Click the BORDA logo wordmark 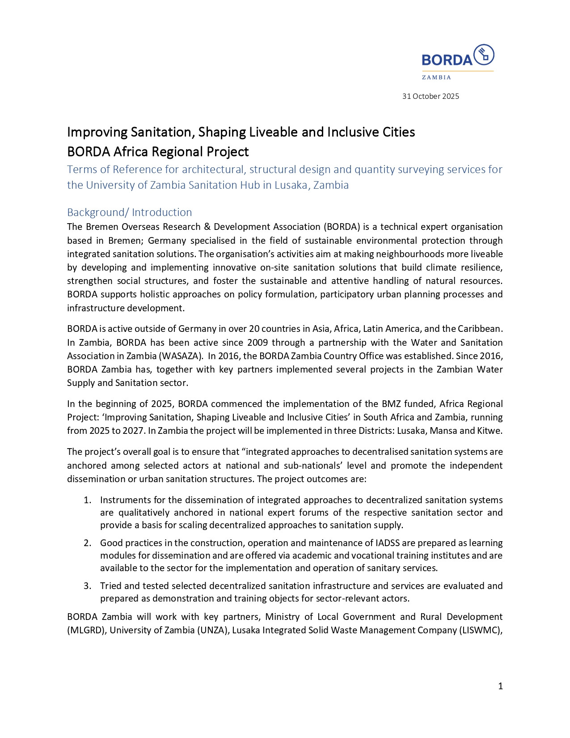point(447,60)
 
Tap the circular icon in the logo point(484,55)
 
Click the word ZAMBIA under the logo point(436,77)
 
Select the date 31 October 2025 point(431,96)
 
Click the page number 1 point(500,686)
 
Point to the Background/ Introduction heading point(129,212)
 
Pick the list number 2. point(87,543)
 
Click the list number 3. point(87,586)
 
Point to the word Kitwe point(490,431)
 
